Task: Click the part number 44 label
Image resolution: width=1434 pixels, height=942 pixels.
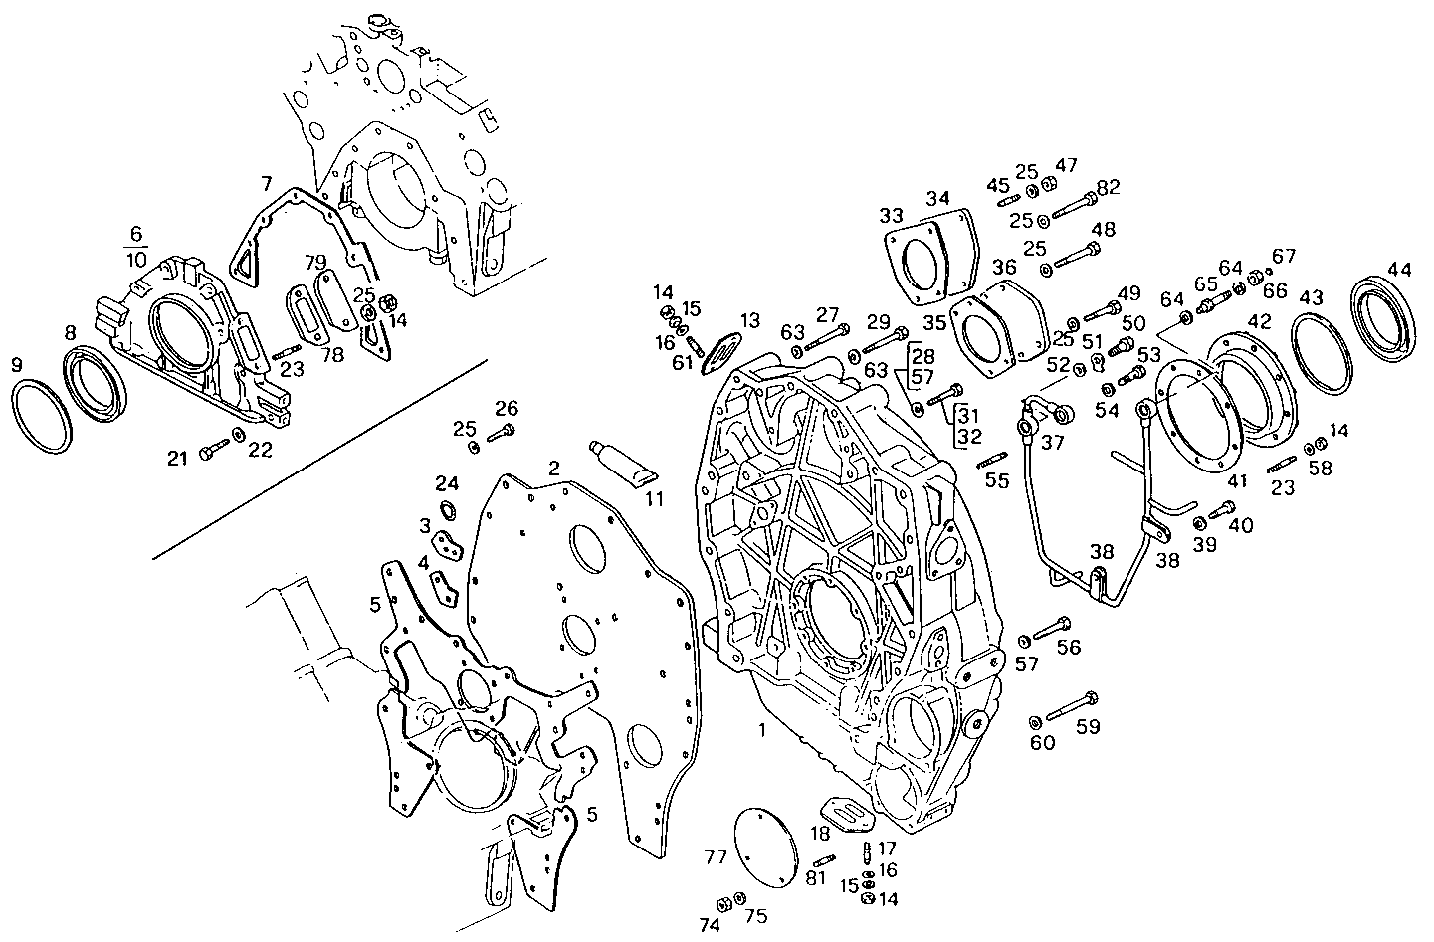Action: point(1400,269)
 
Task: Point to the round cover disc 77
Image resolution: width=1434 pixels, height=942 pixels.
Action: point(766,846)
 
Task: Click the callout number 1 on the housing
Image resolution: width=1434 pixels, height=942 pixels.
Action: point(761,731)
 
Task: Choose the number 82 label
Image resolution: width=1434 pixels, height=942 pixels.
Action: point(1109,188)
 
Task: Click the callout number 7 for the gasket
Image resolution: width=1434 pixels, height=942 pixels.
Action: point(266,184)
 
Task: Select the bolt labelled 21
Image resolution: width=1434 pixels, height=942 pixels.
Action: point(211,453)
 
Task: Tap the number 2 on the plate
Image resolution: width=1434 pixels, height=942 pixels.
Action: point(553,468)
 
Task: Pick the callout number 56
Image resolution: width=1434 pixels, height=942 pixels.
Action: point(1068,648)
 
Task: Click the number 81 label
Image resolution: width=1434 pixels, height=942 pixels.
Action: point(816,878)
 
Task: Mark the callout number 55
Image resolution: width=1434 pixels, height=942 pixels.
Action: point(997,481)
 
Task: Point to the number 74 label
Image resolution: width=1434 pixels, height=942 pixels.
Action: point(709,924)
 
